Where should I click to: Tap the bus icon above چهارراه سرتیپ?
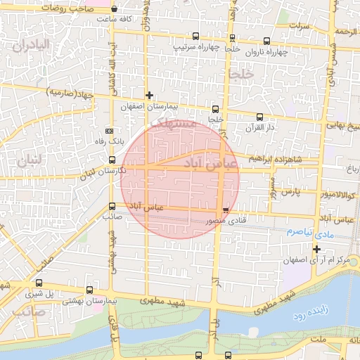[195, 36]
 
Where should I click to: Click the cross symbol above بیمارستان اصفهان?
[148, 94]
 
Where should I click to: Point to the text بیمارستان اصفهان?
[146, 106]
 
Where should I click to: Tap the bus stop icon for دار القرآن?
[259, 117]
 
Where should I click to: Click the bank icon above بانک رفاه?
[108, 131]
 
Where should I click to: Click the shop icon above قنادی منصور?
[225, 210]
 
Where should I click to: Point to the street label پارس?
[291, 191]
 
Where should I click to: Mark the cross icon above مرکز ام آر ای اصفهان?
[317, 248]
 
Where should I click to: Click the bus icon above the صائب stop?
[112, 206]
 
